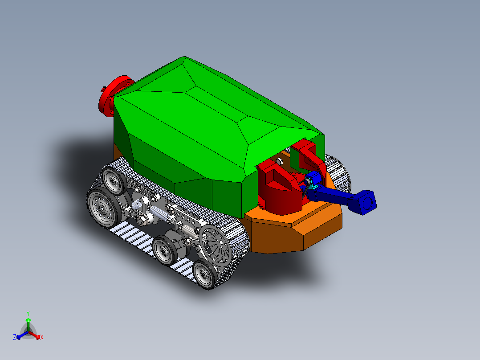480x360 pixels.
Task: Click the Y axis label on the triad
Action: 28,313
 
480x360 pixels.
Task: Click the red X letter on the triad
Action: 42,338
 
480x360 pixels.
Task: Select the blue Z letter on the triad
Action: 15,338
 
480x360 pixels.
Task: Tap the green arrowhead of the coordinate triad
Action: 28,320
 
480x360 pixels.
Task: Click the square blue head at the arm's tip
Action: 366,202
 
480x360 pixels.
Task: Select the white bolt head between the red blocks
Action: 280,161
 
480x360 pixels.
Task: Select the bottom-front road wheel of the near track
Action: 204,274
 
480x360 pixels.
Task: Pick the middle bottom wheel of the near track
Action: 164,252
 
